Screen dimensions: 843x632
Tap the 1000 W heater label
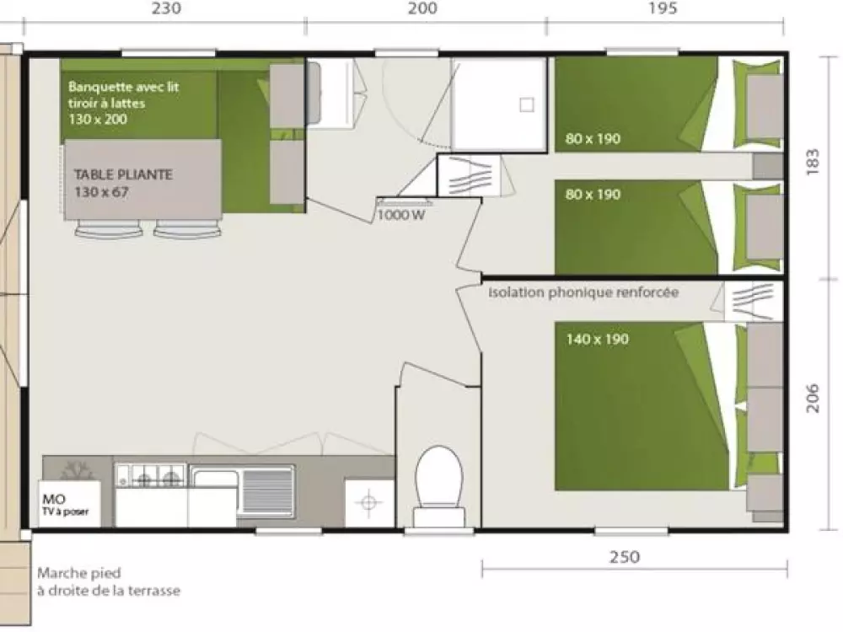(x=401, y=215)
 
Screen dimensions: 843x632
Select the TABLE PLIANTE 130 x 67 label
(x=123, y=183)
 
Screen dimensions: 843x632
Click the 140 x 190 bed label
(x=598, y=339)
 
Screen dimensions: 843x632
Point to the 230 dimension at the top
(x=166, y=8)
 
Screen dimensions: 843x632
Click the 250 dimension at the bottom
(x=625, y=557)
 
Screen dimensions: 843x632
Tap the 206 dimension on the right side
(x=813, y=399)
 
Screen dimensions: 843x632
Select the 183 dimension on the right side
(x=813, y=161)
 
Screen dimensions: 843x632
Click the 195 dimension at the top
(x=663, y=8)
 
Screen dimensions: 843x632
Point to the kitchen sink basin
(x=215, y=490)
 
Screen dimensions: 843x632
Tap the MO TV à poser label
(x=65, y=505)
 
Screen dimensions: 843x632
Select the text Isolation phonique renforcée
(x=583, y=292)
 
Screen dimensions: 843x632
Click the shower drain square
(x=527, y=104)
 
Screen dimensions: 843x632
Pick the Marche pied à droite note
(x=109, y=581)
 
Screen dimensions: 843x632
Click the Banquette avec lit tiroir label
(x=124, y=103)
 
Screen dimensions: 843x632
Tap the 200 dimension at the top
(x=422, y=8)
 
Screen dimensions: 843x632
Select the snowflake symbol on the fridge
(x=77, y=471)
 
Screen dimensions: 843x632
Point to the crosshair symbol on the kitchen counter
(x=369, y=503)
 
